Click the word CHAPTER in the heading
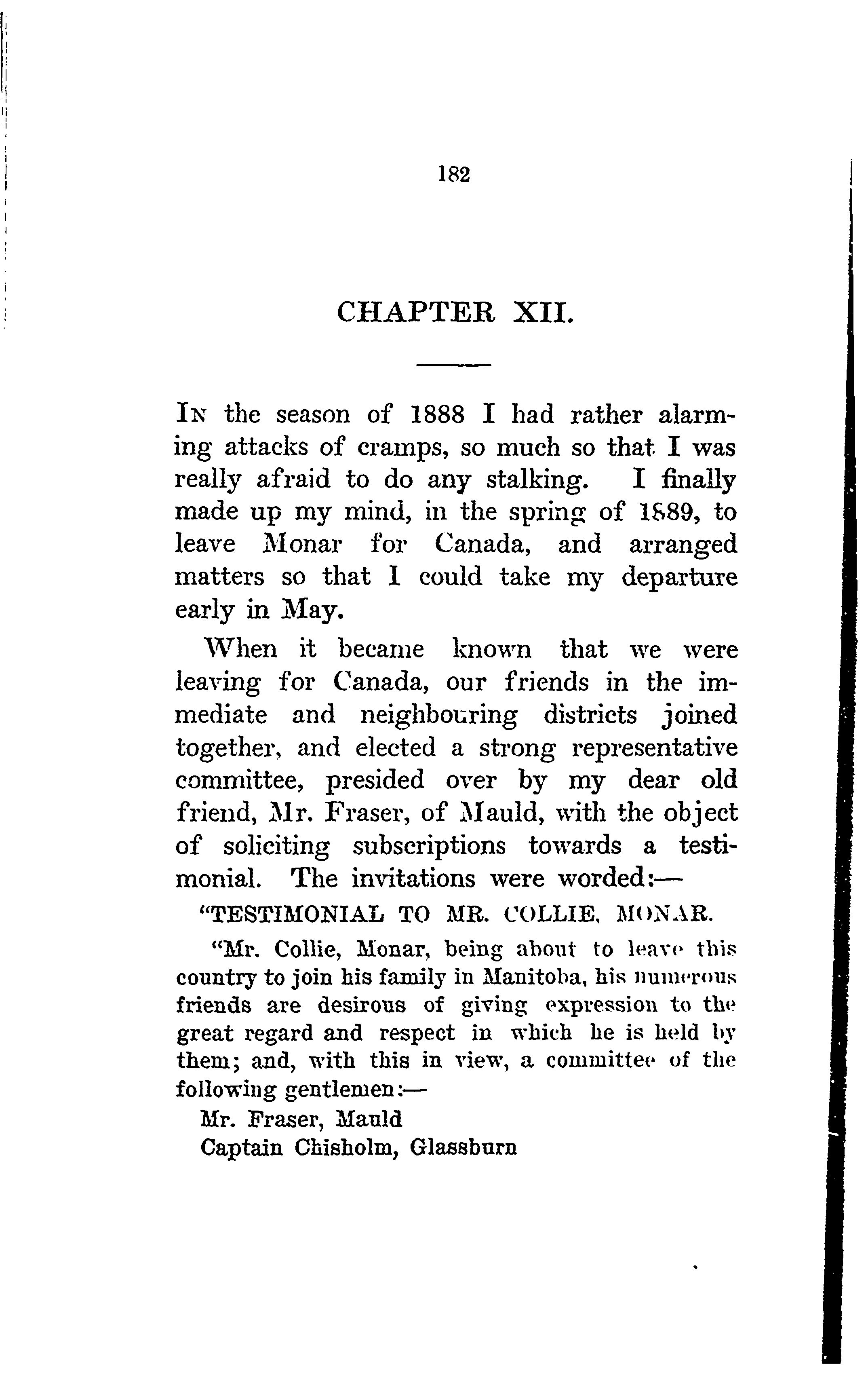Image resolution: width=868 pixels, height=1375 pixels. (416, 313)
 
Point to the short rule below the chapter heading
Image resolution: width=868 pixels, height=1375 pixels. (454, 364)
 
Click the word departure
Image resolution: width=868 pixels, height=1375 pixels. (679, 577)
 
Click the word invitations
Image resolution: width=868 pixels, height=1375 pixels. (413, 878)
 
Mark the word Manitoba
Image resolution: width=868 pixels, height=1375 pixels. (530, 977)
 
